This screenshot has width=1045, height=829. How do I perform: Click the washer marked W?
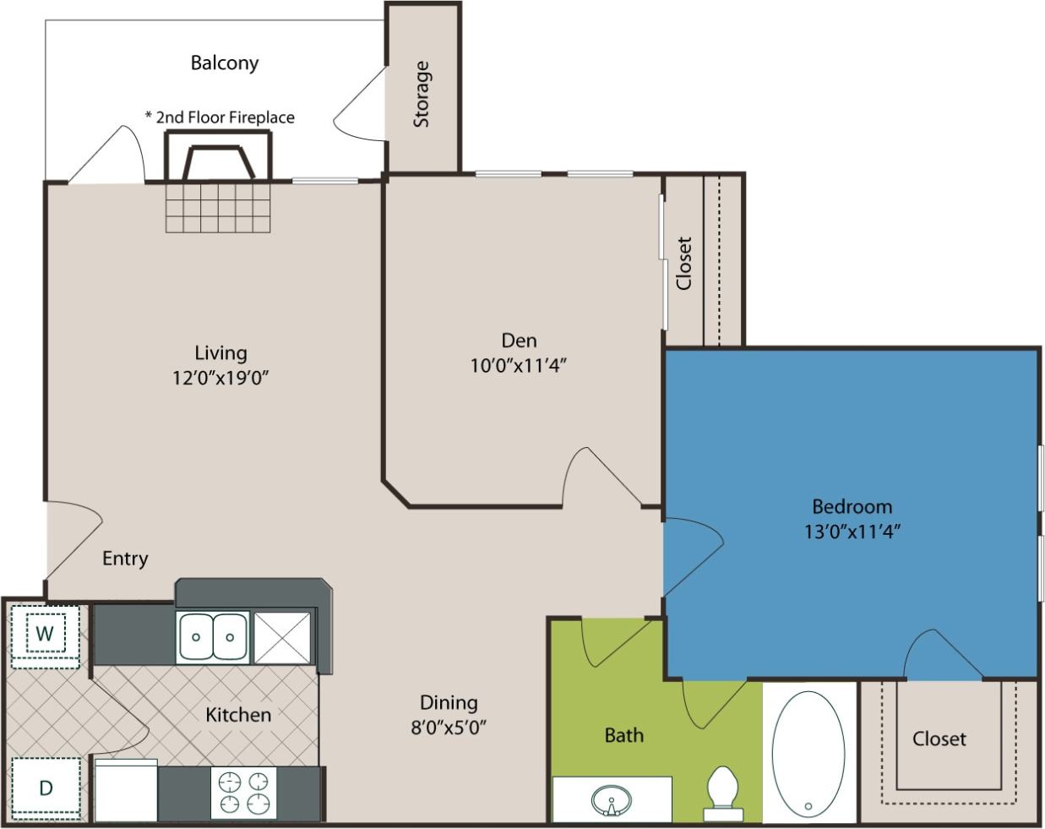[46, 633]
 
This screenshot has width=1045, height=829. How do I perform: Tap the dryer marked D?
[46, 788]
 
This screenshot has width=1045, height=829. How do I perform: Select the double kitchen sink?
[213, 637]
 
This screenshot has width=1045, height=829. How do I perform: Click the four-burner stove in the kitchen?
[243, 793]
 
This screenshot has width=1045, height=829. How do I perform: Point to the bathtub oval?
[808, 755]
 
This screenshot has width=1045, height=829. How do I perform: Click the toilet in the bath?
[723, 793]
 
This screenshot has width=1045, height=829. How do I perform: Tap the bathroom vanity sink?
[610, 800]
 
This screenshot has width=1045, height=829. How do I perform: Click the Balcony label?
[224, 63]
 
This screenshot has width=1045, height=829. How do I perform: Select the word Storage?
[422, 94]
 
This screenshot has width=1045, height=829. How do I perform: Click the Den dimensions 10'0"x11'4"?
[518, 365]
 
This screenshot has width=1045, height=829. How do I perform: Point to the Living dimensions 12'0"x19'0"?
[220, 377]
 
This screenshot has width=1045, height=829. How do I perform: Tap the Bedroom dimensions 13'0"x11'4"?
[852, 532]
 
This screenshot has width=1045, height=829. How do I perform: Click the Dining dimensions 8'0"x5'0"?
[449, 726]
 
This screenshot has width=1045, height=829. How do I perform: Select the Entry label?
[125, 559]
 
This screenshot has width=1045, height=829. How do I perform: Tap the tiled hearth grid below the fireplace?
[218, 207]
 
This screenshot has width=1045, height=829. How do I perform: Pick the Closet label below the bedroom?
[939, 739]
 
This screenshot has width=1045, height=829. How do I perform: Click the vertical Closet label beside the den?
[683, 263]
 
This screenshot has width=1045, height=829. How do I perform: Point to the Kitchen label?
[238, 715]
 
